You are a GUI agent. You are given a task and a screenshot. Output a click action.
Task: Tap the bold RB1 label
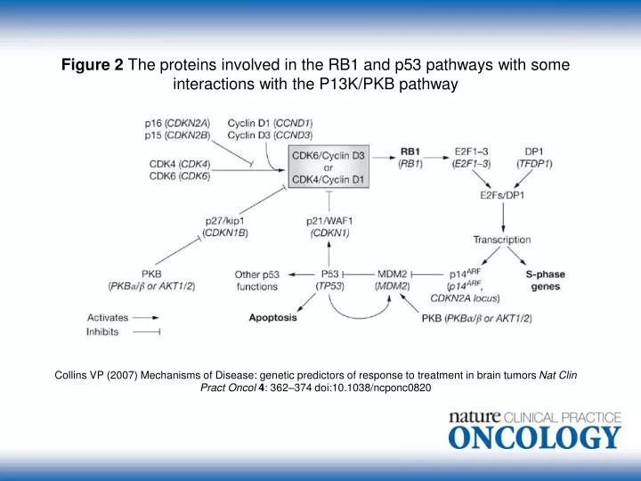(x=410, y=151)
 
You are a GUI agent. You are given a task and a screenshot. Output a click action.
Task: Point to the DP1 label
(x=527, y=151)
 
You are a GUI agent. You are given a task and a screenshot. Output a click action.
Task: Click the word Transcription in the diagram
(x=502, y=239)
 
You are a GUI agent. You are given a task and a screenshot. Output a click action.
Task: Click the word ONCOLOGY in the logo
(x=534, y=437)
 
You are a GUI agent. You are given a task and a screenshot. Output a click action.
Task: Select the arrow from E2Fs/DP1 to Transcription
(x=503, y=218)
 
